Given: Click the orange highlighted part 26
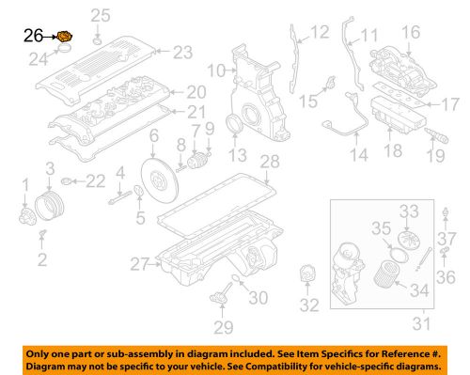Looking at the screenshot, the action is [65, 38].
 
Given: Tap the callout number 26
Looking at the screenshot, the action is [33, 38].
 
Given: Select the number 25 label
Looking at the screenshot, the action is [100, 15].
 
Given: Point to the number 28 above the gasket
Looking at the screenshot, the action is [270, 163].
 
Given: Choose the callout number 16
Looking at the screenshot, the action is [412, 33].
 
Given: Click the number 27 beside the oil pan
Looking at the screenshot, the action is [139, 264].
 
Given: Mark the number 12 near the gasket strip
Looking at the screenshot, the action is [321, 33].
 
